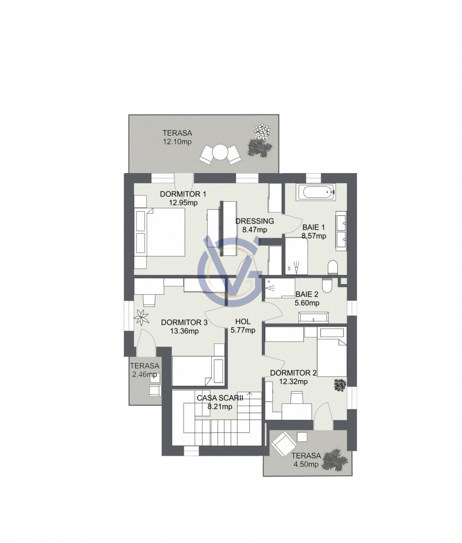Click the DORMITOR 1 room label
tap(183, 194)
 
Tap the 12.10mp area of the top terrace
tap(177, 142)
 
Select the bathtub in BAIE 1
tap(316, 192)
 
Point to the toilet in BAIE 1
tap(333, 267)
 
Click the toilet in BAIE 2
tap(327, 285)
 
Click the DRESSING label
tap(255, 221)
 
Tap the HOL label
tap(243, 321)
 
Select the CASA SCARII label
tap(220, 398)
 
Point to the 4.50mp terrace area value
tap(306, 464)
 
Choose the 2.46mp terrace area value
tap(144, 374)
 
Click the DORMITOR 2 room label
tap(293, 373)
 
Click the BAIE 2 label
tap(307, 294)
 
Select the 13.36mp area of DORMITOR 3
tap(184, 331)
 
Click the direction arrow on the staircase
tap(249, 394)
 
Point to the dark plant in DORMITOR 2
tap(340, 385)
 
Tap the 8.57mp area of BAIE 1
tap(314, 236)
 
